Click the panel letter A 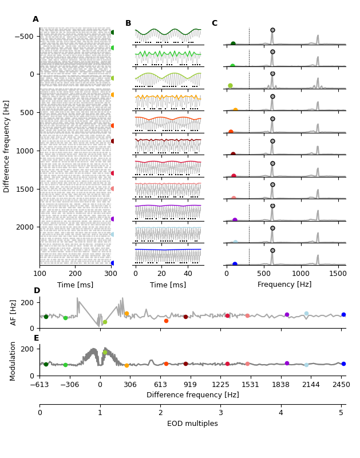coord(35,19)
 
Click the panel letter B coord(128,23)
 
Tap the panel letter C coord(215,23)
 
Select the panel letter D coord(37,291)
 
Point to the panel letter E coord(37,338)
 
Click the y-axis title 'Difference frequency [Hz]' coord(7,146)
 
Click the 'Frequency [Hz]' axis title coord(284,285)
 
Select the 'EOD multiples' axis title coord(192,424)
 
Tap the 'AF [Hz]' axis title coord(14,312)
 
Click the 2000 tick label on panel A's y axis coord(25,227)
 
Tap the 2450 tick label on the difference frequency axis coord(341,385)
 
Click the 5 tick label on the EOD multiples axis coord(341,413)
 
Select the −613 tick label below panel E coord(39,385)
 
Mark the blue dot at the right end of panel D coord(343,314)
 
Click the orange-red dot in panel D coord(166,321)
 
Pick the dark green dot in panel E coord(46,364)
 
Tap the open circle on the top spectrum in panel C coord(272,30)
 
